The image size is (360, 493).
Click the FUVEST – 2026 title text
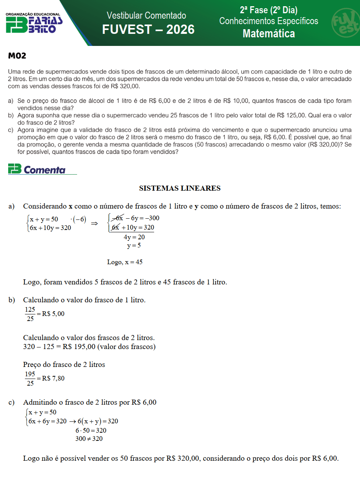click(x=148, y=30)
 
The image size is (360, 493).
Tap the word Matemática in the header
click(x=269, y=34)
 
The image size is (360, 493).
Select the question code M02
click(x=17, y=56)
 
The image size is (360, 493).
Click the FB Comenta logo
click(x=37, y=169)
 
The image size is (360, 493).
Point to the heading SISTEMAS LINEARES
click(x=180, y=188)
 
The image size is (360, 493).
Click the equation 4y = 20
click(x=134, y=237)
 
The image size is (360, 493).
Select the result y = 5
click(x=134, y=246)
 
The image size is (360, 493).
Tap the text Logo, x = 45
click(x=125, y=262)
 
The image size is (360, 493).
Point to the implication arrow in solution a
click(x=94, y=223)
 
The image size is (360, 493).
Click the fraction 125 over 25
click(x=30, y=314)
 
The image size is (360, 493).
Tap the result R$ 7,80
click(x=53, y=378)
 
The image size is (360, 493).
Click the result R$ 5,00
click(x=53, y=314)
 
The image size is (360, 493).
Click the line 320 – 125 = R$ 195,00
click(x=89, y=347)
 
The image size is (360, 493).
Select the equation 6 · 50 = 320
click(x=91, y=430)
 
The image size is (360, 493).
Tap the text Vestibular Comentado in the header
click(x=146, y=16)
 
